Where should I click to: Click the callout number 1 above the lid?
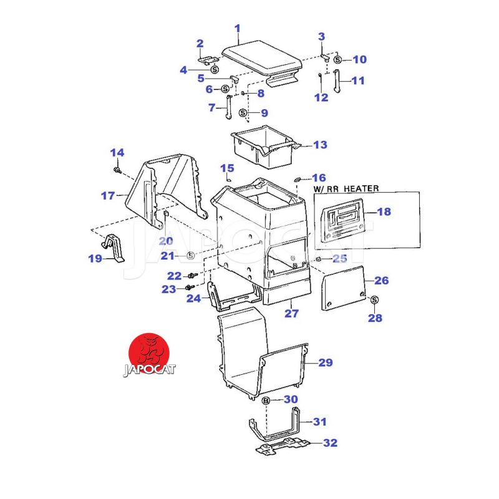pyautogui.click(x=237, y=28)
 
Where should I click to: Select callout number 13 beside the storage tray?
pyautogui.click(x=320, y=145)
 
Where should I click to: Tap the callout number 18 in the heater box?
pyautogui.click(x=384, y=212)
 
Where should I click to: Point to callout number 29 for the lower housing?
pyautogui.click(x=326, y=362)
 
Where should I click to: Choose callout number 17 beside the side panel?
pyautogui.click(x=108, y=196)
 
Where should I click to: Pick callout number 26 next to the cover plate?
pyautogui.click(x=381, y=281)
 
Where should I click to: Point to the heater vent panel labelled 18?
pyautogui.click(x=343, y=221)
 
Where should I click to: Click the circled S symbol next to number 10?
pyautogui.click(x=337, y=60)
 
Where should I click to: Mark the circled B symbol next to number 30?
pyautogui.click(x=266, y=400)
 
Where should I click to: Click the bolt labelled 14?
pyautogui.click(x=117, y=169)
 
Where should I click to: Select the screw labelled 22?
pyautogui.click(x=192, y=275)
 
